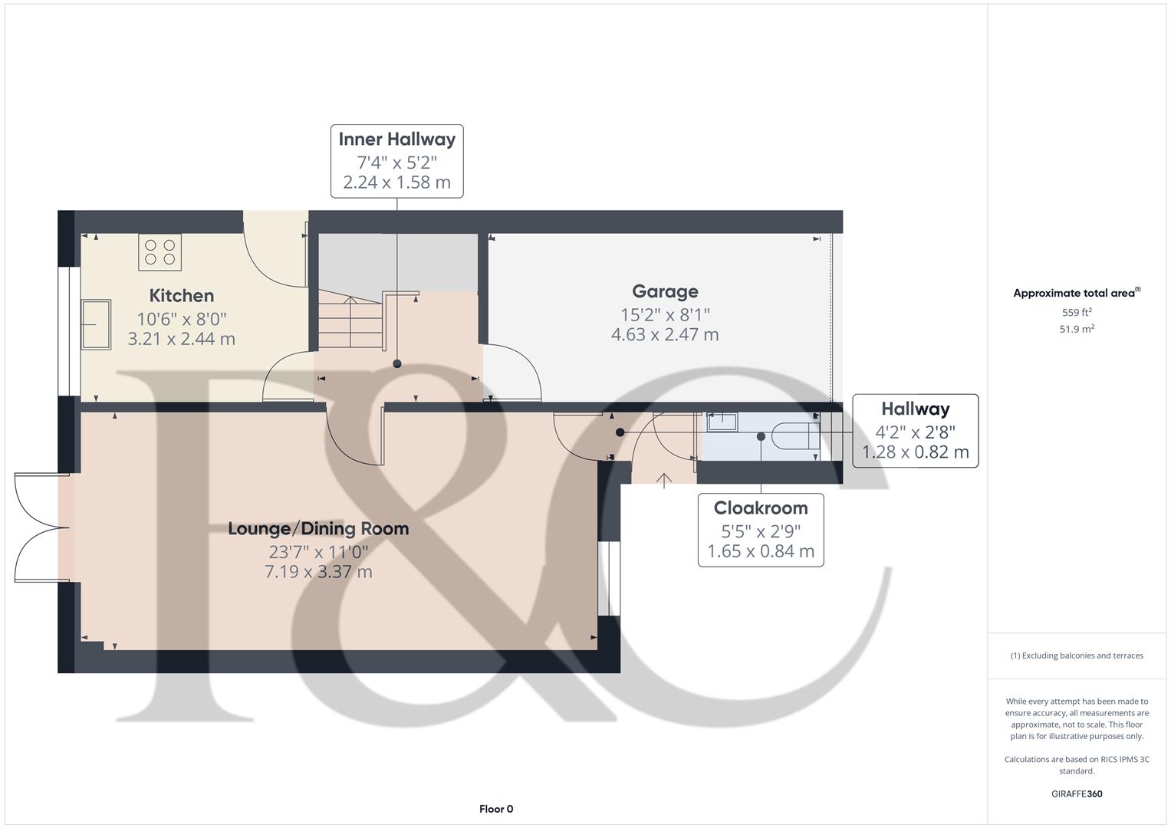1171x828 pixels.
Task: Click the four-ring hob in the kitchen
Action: (x=160, y=252)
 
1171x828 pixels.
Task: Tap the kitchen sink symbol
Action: (x=96, y=324)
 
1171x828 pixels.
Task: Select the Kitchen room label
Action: (x=182, y=296)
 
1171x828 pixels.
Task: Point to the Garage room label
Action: (x=665, y=291)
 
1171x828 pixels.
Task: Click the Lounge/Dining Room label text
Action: (x=318, y=529)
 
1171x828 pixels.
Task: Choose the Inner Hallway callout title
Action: (x=397, y=140)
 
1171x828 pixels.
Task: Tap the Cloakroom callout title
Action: (x=761, y=508)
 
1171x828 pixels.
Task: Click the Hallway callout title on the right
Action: (x=915, y=409)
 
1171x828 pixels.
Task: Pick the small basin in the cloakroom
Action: (x=722, y=422)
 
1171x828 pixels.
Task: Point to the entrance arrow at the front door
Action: (x=664, y=480)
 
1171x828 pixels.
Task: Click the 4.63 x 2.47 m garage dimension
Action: (x=665, y=335)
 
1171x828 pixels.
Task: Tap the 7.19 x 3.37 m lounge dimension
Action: (x=318, y=572)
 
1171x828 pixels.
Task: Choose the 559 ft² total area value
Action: (x=1077, y=313)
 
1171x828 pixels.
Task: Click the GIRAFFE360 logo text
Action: (x=1077, y=794)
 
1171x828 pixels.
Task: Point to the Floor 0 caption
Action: (x=496, y=809)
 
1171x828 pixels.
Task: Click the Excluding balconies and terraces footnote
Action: (x=1077, y=655)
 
